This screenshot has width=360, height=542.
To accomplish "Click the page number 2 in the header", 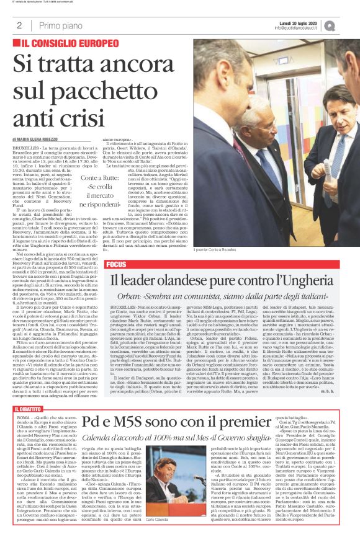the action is (x=19, y=25).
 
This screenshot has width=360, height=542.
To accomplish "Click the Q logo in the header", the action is (x=347, y=25).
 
